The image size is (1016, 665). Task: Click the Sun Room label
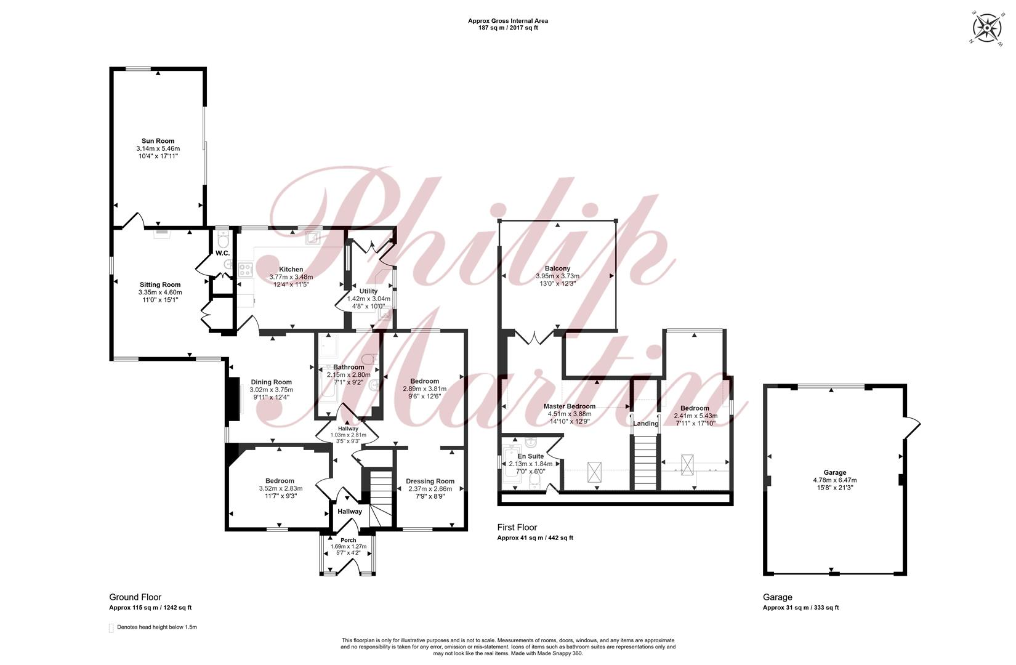[x=158, y=141]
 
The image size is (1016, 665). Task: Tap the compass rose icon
[x=986, y=28]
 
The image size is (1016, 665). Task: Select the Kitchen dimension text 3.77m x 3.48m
[x=291, y=276]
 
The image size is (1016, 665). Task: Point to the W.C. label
[x=222, y=253]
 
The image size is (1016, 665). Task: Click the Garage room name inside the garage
[x=834, y=472]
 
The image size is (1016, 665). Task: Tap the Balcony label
[x=557, y=268]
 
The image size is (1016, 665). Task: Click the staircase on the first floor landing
[x=645, y=462]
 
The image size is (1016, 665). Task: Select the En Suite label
[x=531, y=456]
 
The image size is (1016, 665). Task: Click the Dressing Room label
[x=430, y=482]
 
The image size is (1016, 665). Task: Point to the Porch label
[x=349, y=540]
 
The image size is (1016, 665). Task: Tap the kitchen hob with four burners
[x=246, y=270]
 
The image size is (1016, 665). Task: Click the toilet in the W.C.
[x=223, y=238]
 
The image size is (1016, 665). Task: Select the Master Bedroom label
[x=569, y=406]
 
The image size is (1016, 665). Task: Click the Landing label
[x=645, y=424]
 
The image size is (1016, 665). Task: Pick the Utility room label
[x=368, y=291]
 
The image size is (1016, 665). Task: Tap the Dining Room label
[x=271, y=382]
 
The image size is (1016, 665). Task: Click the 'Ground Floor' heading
[x=135, y=597]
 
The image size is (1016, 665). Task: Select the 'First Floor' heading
[x=517, y=528]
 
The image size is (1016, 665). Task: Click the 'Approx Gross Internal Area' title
[x=508, y=21]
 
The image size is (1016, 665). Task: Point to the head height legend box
[x=111, y=628]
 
